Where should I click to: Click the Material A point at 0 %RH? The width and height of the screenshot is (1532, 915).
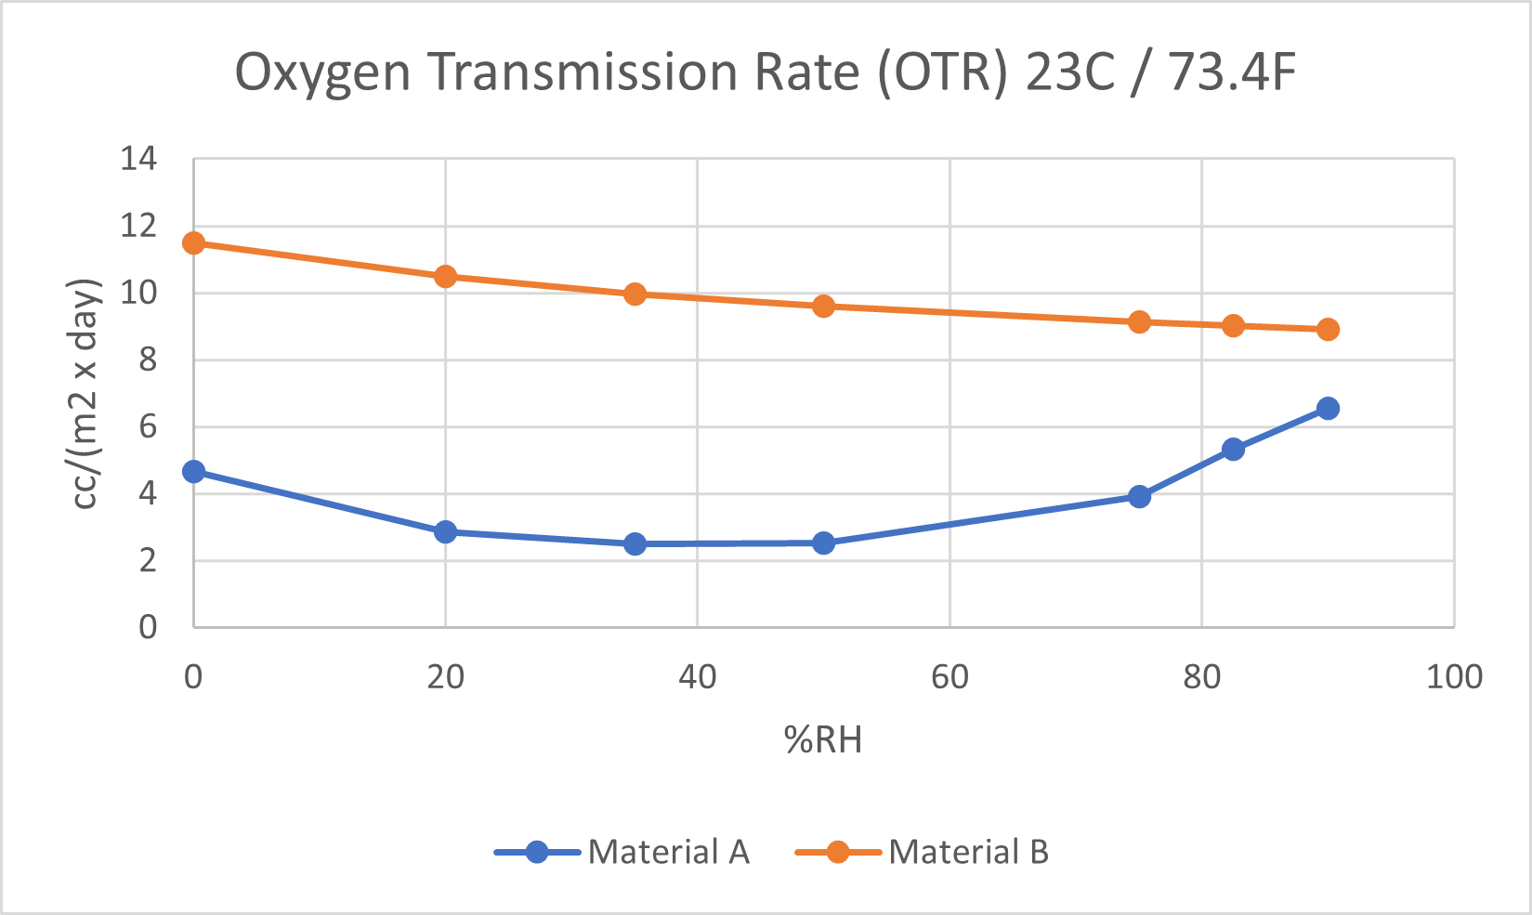pos(193,472)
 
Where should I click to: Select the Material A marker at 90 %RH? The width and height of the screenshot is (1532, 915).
pos(1328,409)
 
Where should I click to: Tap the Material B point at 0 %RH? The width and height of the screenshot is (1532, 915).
pos(193,243)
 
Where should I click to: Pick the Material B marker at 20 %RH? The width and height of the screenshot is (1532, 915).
pos(445,276)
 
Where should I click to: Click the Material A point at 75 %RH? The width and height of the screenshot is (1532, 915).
pos(1139,496)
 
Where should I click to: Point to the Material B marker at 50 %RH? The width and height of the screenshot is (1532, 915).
pos(823,307)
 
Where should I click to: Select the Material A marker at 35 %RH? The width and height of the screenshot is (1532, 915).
pos(635,544)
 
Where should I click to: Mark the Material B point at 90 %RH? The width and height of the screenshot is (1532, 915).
pos(1328,330)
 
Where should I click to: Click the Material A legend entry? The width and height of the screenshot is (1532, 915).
pos(622,852)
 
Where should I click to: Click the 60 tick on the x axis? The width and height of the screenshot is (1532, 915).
pos(949,677)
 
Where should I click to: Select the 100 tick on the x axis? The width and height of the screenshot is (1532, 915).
pos(1454,677)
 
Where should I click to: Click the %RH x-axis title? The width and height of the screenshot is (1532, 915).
pos(823,740)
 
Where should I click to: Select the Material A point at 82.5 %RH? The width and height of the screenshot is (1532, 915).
pos(1233,450)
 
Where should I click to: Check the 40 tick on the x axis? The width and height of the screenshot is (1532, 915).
pos(697,677)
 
